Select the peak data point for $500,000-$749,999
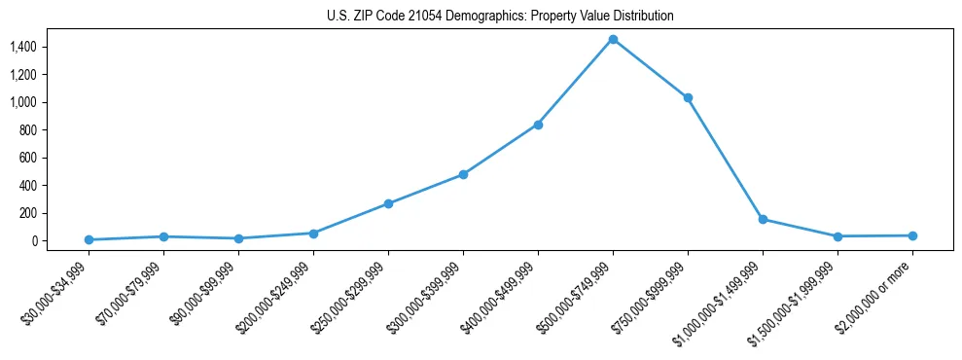(613, 39)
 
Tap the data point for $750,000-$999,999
(688, 97)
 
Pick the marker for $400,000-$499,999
(538, 125)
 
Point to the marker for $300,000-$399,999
(463, 174)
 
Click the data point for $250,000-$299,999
(388, 203)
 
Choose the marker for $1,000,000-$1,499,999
(763, 219)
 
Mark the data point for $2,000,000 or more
(912, 235)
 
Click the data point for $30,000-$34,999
(89, 239)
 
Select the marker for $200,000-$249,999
(313, 234)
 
